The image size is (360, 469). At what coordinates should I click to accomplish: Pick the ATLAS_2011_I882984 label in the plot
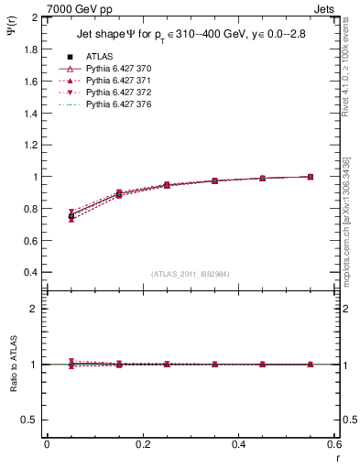click(x=191, y=274)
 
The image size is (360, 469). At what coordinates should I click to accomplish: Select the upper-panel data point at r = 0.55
click(x=311, y=177)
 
